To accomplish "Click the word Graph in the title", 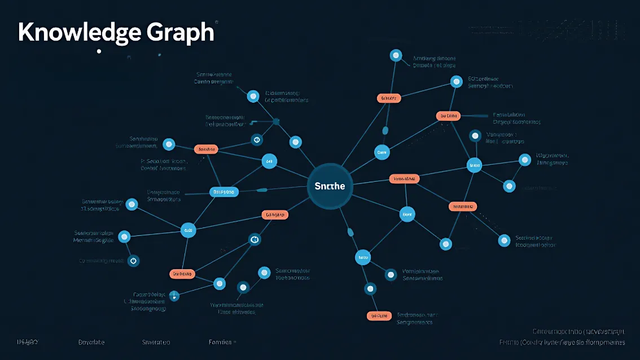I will click(180, 33).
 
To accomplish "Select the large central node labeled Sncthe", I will click(330, 186).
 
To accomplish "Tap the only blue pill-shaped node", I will click(224, 192).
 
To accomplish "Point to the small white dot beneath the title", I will click(99, 51).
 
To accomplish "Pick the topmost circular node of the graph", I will click(396, 55).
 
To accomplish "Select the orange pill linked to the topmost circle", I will click(388, 98).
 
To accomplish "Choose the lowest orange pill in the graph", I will click(379, 315).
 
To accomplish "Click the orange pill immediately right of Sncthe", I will click(405, 179).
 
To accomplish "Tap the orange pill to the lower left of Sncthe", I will click(275, 214).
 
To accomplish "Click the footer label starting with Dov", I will click(91, 342).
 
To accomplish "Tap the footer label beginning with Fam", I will click(221, 342).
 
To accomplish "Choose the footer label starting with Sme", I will click(156, 342).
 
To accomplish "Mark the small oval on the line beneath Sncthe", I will click(350, 231).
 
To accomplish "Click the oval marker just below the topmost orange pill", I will click(385, 130).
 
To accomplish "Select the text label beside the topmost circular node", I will click(434, 62).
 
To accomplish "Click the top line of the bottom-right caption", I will click(578, 331).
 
